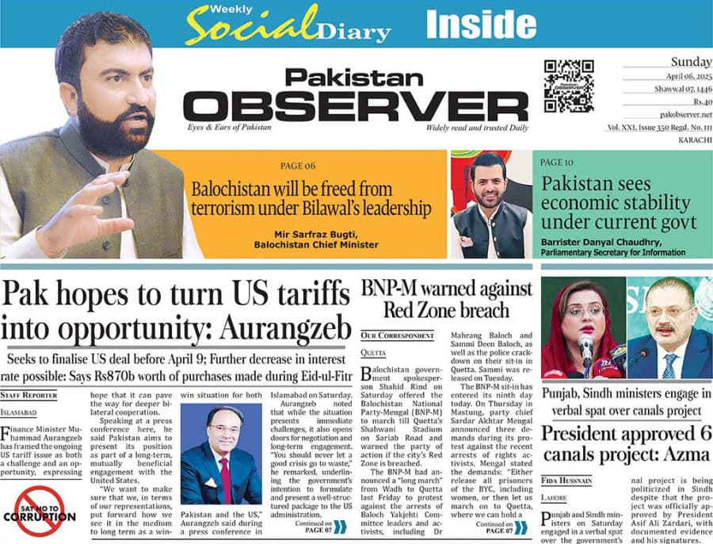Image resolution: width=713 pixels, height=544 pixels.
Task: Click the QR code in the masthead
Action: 569,86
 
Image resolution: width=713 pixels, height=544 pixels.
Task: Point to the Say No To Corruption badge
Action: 46,511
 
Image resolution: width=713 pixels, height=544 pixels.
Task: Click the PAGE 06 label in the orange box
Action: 298,166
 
